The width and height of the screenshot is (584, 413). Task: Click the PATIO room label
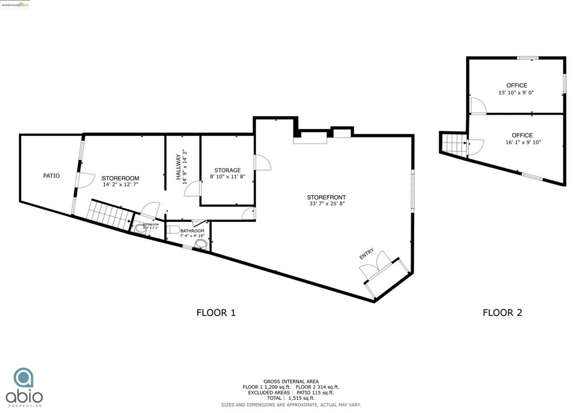click(51, 176)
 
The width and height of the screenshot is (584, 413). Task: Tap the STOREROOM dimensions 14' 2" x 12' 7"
click(120, 185)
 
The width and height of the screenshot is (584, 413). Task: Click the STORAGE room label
click(227, 170)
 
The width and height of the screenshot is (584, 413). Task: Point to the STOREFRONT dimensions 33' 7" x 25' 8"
click(326, 203)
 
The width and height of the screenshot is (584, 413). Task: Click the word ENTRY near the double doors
click(367, 254)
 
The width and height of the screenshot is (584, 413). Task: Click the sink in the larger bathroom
click(201, 245)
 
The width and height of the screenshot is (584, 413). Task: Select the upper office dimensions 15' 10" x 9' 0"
click(516, 92)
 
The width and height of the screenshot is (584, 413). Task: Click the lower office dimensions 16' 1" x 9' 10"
click(522, 143)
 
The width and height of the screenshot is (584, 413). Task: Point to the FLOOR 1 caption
click(216, 313)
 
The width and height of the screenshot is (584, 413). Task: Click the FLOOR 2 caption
click(502, 313)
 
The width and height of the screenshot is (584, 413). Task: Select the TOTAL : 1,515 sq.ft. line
click(291, 398)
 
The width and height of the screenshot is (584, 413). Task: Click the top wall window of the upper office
click(528, 58)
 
